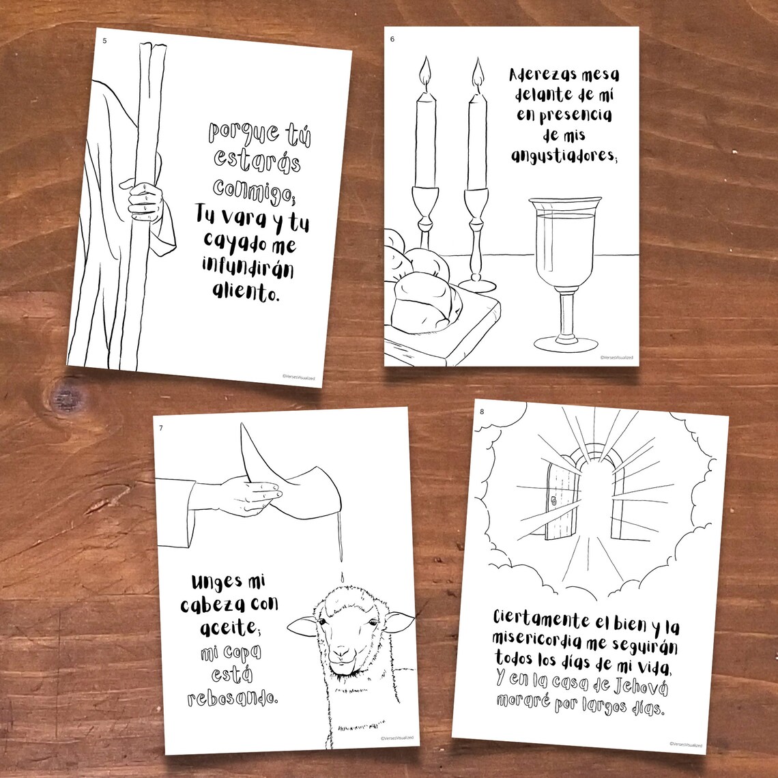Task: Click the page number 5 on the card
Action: (104, 41)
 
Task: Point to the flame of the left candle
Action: (425, 73)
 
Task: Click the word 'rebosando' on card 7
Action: (232, 697)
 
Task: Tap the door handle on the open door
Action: (554, 500)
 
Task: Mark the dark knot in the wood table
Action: (66, 398)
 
